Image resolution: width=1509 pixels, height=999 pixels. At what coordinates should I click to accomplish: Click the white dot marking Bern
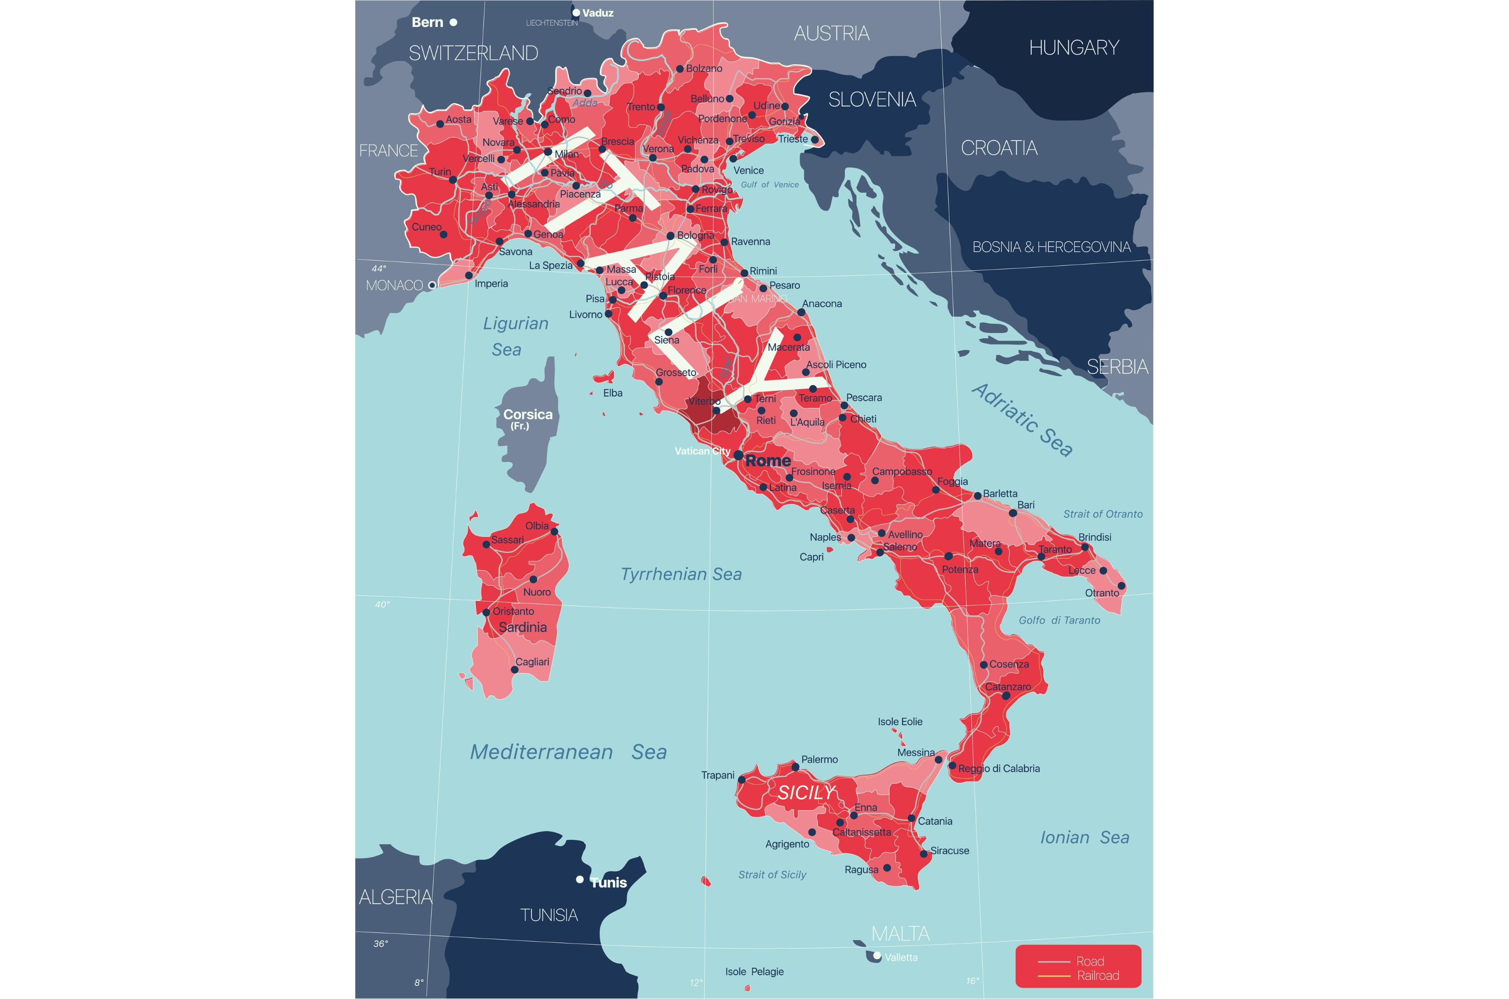point(454,22)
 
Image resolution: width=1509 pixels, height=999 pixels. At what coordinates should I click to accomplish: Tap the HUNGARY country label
point(1074,48)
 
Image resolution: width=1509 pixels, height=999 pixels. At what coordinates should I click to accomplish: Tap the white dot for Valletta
point(877,955)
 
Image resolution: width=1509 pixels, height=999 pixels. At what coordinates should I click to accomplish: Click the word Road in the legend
point(1090,961)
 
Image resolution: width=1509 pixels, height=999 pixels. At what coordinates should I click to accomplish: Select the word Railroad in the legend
point(1098,975)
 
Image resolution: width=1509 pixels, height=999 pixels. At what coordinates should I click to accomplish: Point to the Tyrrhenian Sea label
point(681,575)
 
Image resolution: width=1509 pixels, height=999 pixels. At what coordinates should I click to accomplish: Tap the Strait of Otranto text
point(1103,514)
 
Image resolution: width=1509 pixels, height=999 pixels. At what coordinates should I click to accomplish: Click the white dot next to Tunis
point(580,880)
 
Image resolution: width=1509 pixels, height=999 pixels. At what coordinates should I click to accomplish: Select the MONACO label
point(394,286)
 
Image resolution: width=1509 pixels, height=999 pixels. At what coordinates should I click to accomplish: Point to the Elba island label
point(613,393)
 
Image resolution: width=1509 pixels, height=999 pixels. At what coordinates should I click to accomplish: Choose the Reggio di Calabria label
point(999,769)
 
